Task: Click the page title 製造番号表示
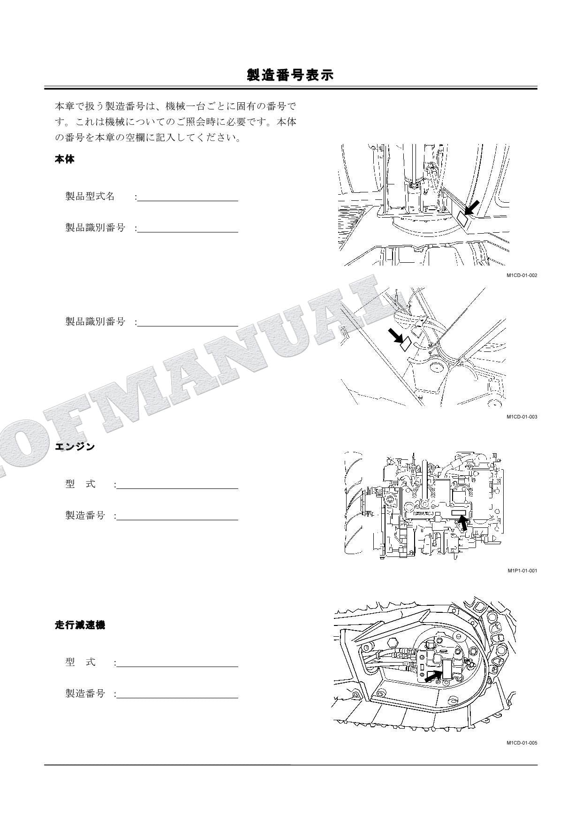click(x=290, y=75)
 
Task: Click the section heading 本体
click(x=65, y=160)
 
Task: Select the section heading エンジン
click(x=75, y=446)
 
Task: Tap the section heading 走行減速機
click(x=80, y=625)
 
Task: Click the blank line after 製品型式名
click(x=188, y=198)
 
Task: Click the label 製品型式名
click(x=90, y=196)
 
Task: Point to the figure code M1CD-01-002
click(x=522, y=275)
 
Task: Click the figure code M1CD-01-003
click(x=522, y=417)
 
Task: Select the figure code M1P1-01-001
click(x=522, y=571)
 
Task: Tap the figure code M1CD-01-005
click(x=522, y=743)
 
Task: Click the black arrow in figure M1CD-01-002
click(x=472, y=207)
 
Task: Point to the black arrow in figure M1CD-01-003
click(x=395, y=335)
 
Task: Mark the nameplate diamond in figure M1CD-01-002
click(x=462, y=219)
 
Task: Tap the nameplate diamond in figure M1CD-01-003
click(x=406, y=344)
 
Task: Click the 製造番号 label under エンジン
click(x=85, y=516)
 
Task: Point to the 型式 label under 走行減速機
click(x=80, y=662)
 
